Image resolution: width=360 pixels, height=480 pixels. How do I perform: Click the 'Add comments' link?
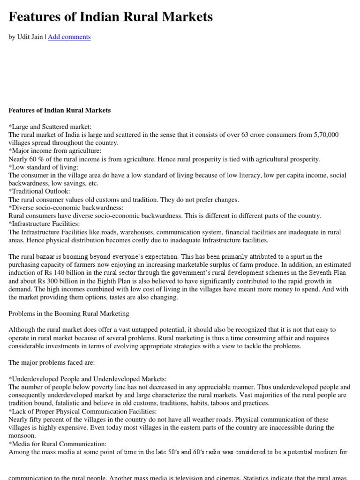pyautogui.click(x=69, y=37)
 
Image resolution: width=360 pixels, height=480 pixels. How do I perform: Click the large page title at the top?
pyautogui.click(x=111, y=17)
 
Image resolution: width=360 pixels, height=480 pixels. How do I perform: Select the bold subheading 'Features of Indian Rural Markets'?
pyautogui.click(x=60, y=110)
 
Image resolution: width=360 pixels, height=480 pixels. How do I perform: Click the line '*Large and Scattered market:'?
pyautogui.click(x=50, y=127)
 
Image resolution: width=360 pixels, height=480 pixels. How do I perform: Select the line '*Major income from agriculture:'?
pyautogui.click(x=55, y=151)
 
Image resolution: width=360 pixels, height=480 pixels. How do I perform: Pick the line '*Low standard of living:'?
pyautogui.click(x=43, y=167)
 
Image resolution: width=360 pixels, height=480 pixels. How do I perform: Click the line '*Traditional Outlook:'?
pyautogui.click(x=39, y=192)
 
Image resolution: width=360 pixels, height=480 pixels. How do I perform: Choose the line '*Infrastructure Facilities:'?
pyautogui.click(x=44, y=224)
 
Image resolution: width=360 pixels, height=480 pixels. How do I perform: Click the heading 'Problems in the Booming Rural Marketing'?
pyautogui.click(x=68, y=314)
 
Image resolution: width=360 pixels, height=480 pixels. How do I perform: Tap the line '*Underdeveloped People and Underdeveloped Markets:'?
pyautogui.click(x=87, y=379)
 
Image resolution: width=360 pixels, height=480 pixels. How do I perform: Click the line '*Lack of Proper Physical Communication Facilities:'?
pyautogui.click(x=82, y=412)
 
